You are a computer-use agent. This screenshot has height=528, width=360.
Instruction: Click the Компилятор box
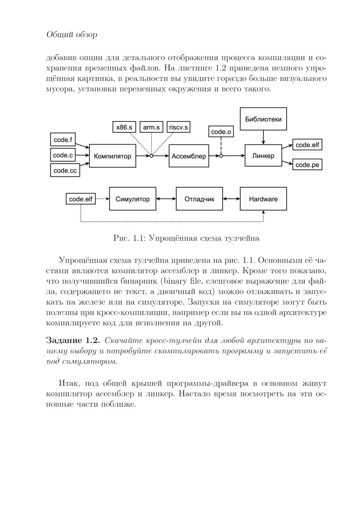click(112, 156)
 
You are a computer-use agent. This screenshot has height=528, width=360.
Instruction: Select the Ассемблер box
click(189, 156)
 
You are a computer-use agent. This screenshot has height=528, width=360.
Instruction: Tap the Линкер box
click(263, 155)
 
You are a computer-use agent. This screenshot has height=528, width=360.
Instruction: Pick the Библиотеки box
click(263, 119)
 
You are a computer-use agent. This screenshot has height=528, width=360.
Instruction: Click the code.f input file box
click(63, 140)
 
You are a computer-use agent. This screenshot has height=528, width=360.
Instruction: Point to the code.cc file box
click(65, 170)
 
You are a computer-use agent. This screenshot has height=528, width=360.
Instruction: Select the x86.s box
click(124, 127)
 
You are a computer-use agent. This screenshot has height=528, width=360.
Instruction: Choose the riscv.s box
click(179, 127)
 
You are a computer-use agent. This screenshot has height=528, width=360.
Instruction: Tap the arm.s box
click(151, 127)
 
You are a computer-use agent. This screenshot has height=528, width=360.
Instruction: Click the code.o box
click(221, 132)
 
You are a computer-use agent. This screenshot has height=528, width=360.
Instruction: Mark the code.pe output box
click(307, 164)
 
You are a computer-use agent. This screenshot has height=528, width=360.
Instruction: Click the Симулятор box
click(132, 199)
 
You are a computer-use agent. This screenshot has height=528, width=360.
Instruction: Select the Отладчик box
click(199, 199)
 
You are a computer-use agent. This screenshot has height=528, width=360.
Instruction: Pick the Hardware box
click(263, 199)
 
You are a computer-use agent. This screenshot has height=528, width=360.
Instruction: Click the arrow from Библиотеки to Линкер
click(263, 137)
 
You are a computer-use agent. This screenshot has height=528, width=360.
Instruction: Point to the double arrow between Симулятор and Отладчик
click(166, 199)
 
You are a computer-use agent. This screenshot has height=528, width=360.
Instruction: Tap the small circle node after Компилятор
click(152, 156)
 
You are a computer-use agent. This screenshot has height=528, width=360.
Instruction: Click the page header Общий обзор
click(72, 35)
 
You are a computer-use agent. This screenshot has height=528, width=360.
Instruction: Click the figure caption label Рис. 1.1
click(129, 238)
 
